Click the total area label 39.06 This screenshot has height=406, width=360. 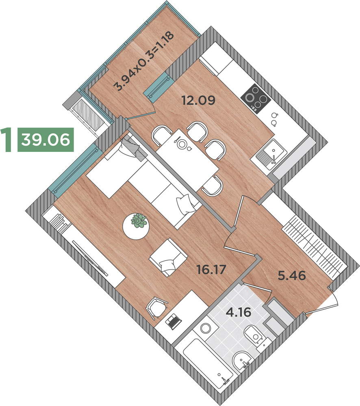(x=46, y=140)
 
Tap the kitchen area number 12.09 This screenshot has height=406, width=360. (x=198, y=100)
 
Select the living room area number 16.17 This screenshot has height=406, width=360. (x=211, y=270)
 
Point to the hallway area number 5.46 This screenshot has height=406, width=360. (x=292, y=275)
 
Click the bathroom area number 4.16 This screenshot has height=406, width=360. (x=239, y=312)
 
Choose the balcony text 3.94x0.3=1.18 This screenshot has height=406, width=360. (x=144, y=61)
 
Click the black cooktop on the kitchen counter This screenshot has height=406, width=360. (x=256, y=99)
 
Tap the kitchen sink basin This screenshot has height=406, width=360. (x=272, y=153)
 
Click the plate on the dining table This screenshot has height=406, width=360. (x=182, y=144)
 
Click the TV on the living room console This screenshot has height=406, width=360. (x=90, y=258)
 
